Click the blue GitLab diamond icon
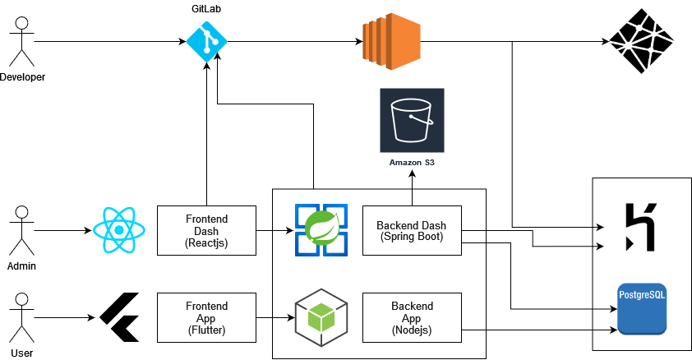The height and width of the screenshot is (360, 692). [205, 41]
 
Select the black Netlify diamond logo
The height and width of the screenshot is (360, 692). [641, 41]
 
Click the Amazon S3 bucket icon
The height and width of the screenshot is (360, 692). [411, 120]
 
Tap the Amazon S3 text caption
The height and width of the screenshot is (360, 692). [411, 164]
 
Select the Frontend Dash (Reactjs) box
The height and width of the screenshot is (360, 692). [205, 230]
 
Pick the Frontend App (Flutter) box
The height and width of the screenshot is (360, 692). [205, 316]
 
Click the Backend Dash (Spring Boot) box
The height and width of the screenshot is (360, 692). [411, 230]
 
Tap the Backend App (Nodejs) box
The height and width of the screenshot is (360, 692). [411, 316]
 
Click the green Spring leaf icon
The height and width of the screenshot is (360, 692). [321, 229]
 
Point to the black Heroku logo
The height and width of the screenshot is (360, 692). [635, 226]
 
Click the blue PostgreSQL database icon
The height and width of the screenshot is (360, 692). [642, 307]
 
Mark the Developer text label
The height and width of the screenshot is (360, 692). [23, 77]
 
